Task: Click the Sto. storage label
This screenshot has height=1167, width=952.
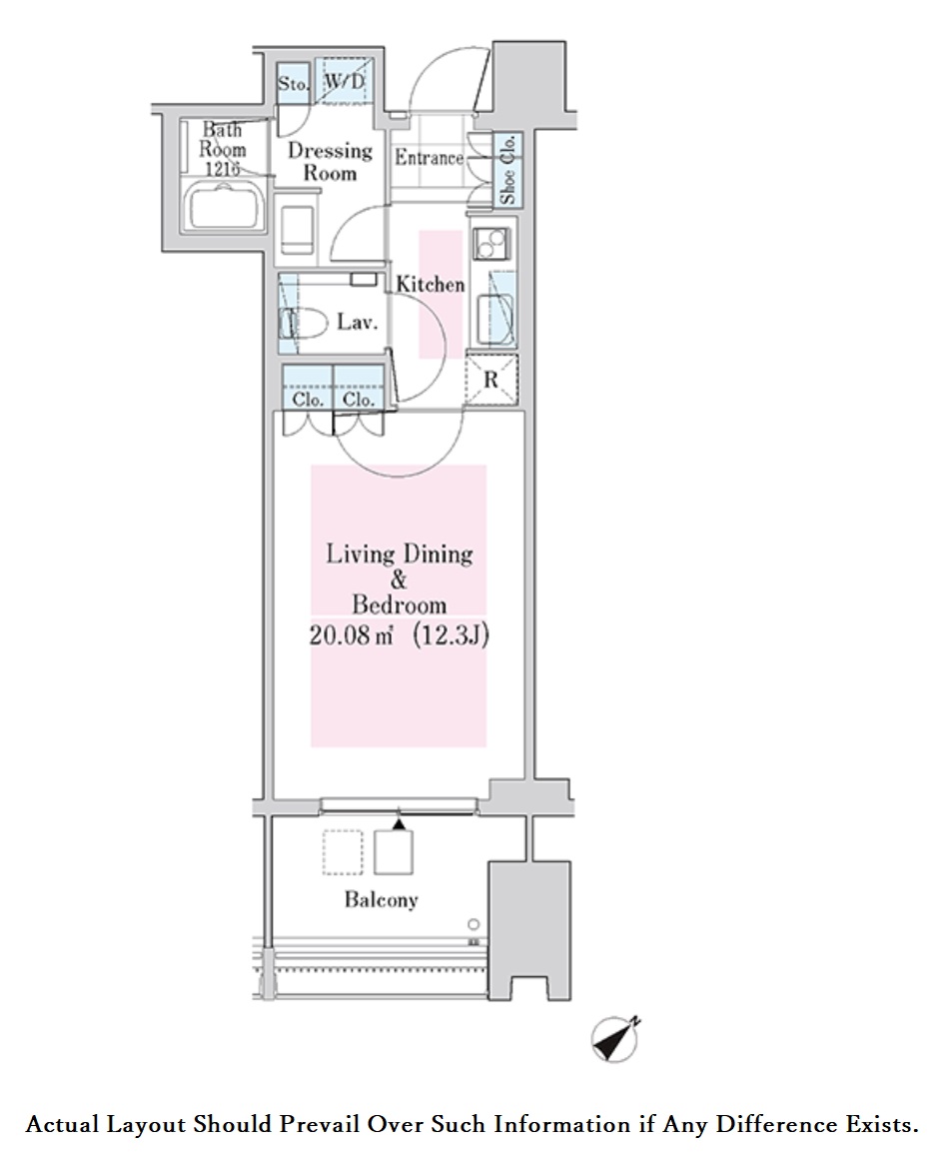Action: pyautogui.click(x=294, y=84)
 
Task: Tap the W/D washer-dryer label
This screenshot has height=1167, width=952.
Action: pyautogui.click(x=343, y=82)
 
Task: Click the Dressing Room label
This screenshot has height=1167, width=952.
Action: pyautogui.click(x=330, y=161)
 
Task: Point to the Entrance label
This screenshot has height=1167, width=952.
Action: pyautogui.click(x=429, y=158)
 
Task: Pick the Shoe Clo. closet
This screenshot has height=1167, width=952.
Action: pyautogui.click(x=507, y=170)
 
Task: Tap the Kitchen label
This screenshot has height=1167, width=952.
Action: pyautogui.click(x=431, y=285)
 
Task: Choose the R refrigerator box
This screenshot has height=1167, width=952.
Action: pyautogui.click(x=492, y=381)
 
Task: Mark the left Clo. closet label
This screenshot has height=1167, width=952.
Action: pyautogui.click(x=307, y=399)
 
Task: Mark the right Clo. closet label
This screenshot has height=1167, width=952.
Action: pyautogui.click(x=358, y=399)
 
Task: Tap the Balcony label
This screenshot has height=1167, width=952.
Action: pyautogui.click(x=381, y=899)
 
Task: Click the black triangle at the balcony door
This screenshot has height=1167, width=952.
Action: pyautogui.click(x=400, y=824)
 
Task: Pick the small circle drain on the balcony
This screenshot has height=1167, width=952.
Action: pyautogui.click(x=474, y=924)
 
